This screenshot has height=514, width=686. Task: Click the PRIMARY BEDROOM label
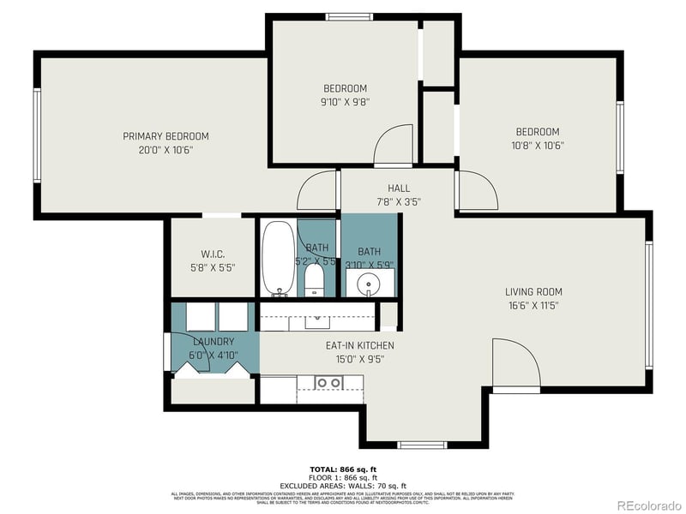tap(165, 136)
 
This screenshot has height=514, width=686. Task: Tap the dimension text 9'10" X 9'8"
tap(346, 102)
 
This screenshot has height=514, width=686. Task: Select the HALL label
tap(399, 188)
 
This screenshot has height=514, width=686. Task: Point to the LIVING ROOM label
tap(533, 292)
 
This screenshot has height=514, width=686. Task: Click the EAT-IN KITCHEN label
tap(359, 346)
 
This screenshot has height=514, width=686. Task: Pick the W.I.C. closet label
tap(212, 254)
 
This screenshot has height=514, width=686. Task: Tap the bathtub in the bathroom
tap(277, 258)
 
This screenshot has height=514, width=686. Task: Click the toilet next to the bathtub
tap(315, 278)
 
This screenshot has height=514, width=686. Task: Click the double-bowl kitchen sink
tap(328, 382)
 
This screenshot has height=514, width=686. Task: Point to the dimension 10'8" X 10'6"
tap(538, 146)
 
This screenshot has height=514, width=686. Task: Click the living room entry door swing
tap(516, 364)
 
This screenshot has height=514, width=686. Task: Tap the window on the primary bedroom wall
tap(37, 135)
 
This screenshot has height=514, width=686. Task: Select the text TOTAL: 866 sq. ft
tap(343, 469)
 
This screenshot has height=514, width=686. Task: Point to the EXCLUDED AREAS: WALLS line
tap(343, 486)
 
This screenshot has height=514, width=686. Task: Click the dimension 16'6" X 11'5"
tap(533, 305)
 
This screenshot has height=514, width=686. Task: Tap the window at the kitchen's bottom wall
tap(422, 445)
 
